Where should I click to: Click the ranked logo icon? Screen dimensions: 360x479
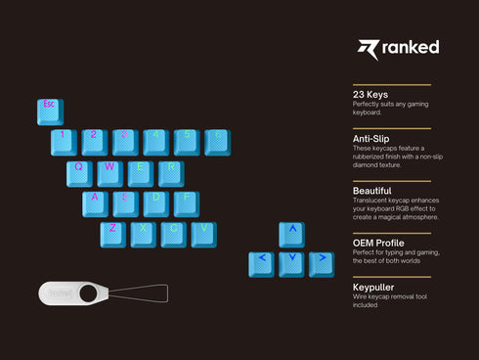368,49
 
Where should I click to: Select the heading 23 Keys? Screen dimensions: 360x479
370,95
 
